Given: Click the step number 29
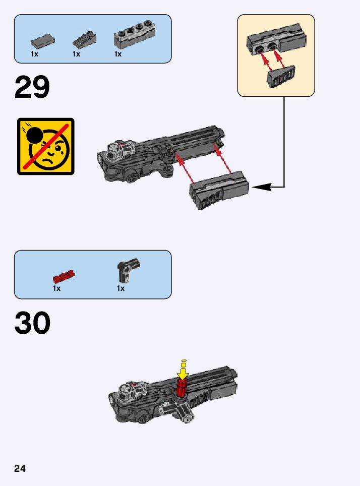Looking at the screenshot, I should pos(32,87).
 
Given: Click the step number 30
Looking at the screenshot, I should pos(32,323).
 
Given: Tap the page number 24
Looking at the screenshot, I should pos(20,469).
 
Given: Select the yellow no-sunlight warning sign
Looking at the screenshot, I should pos(46,146).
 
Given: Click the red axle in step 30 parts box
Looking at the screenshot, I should pos(64,276).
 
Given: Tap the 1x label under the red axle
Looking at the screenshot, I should pos(56,288).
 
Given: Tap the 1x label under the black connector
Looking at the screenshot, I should pos(121,288).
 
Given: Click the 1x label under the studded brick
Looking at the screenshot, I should pos(117,54).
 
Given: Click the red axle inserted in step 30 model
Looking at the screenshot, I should pos(182,389).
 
